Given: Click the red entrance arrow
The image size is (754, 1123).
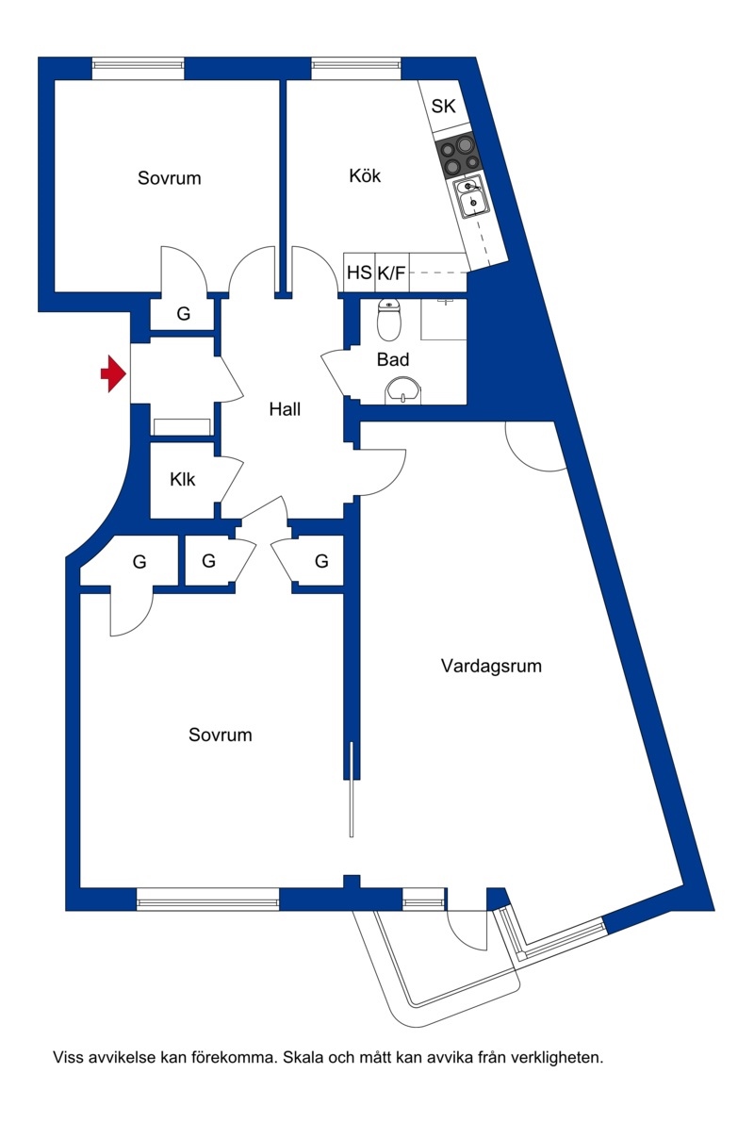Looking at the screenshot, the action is pyautogui.click(x=113, y=373).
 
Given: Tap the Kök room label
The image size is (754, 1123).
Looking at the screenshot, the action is pyautogui.click(x=365, y=175).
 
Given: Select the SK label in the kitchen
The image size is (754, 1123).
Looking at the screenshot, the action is pyautogui.click(x=443, y=106).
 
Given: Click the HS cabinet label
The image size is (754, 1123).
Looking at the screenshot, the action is pyautogui.click(x=359, y=272).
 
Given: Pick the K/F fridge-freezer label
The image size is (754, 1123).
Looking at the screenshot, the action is pyautogui.click(x=392, y=272).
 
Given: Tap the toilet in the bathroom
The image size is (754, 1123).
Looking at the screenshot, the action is pyautogui.click(x=389, y=320).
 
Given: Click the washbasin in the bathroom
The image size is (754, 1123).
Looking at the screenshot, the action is pyautogui.click(x=403, y=391).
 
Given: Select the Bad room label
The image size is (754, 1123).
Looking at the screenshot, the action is pyautogui.click(x=393, y=359).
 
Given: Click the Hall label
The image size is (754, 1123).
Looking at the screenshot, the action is pyautogui.click(x=285, y=409).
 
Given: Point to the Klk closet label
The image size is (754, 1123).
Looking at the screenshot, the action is pyautogui.click(x=183, y=479).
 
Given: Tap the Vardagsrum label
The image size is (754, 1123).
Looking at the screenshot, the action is pyautogui.click(x=491, y=666).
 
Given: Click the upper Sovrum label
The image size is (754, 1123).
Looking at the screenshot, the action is pyautogui.click(x=169, y=177).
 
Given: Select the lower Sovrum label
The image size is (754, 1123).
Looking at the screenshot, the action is pyautogui.click(x=220, y=735).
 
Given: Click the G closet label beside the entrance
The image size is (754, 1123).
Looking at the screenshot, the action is pyautogui.click(x=183, y=314).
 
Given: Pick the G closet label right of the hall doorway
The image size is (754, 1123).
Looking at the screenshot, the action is pyautogui.click(x=321, y=562).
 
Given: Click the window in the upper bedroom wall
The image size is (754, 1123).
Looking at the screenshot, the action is pyautogui.click(x=139, y=68).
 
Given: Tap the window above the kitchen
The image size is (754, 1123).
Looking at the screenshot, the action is pyautogui.click(x=356, y=68).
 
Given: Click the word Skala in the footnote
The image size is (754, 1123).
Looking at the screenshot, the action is pyautogui.click(x=303, y=1057).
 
